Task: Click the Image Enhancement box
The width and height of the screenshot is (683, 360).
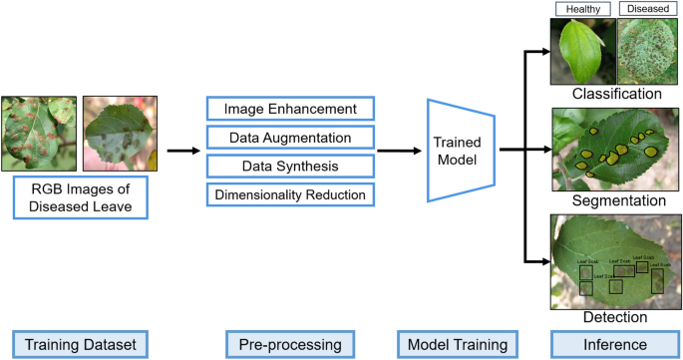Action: tap(290, 108)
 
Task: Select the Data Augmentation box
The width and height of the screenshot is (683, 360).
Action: tap(290, 137)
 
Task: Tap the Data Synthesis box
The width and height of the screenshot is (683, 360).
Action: tap(290, 166)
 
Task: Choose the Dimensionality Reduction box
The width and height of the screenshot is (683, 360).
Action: tap(290, 194)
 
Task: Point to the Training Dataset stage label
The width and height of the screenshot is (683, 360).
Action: tap(80, 344)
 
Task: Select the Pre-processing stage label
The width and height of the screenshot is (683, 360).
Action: tap(290, 344)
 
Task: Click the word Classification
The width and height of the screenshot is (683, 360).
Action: tap(617, 95)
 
